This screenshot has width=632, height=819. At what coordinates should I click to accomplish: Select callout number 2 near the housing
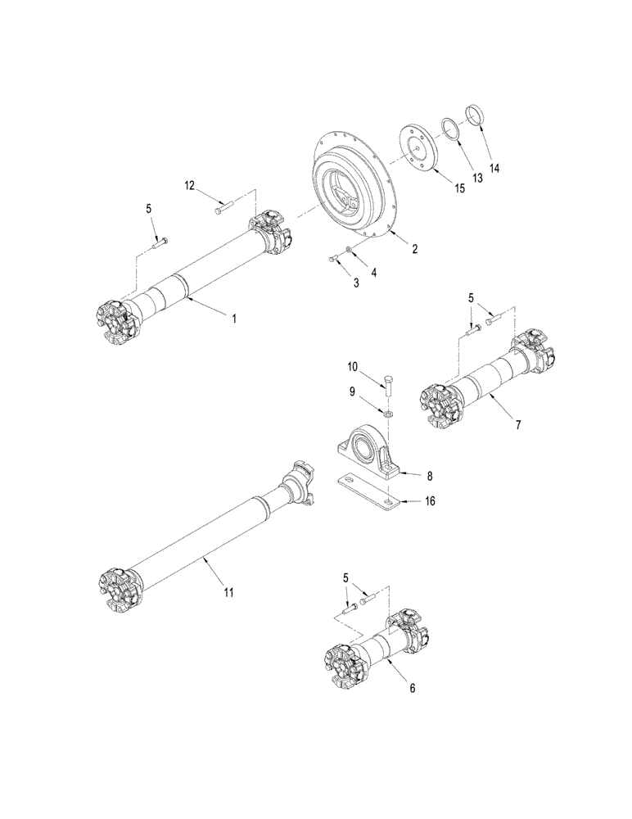pyautogui.click(x=415, y=248)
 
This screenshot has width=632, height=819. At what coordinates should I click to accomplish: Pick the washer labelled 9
pyautogui.click(x=386, y=412)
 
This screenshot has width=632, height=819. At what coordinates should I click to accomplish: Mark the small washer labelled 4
pyautogui.click(x=350, y=249)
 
